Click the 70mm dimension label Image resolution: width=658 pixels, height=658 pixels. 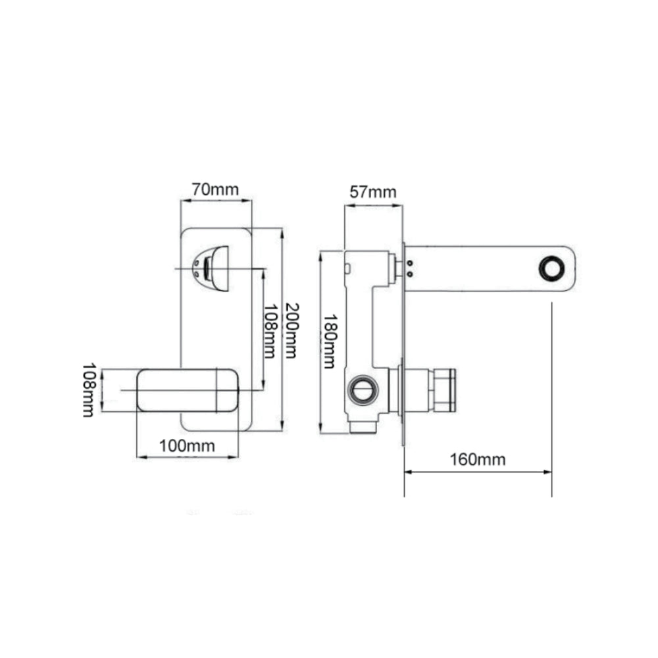[215, 190]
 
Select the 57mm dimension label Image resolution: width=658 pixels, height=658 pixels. [373, 192]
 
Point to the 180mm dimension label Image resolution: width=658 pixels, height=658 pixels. [330, 341]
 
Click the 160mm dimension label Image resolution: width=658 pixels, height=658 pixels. [478, 459]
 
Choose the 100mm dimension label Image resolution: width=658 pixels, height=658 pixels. [187, 445]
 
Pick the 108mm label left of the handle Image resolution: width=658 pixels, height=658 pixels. [89, 390]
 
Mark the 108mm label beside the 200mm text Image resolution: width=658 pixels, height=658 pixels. [270, 332]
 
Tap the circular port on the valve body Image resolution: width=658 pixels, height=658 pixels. [363, 390]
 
